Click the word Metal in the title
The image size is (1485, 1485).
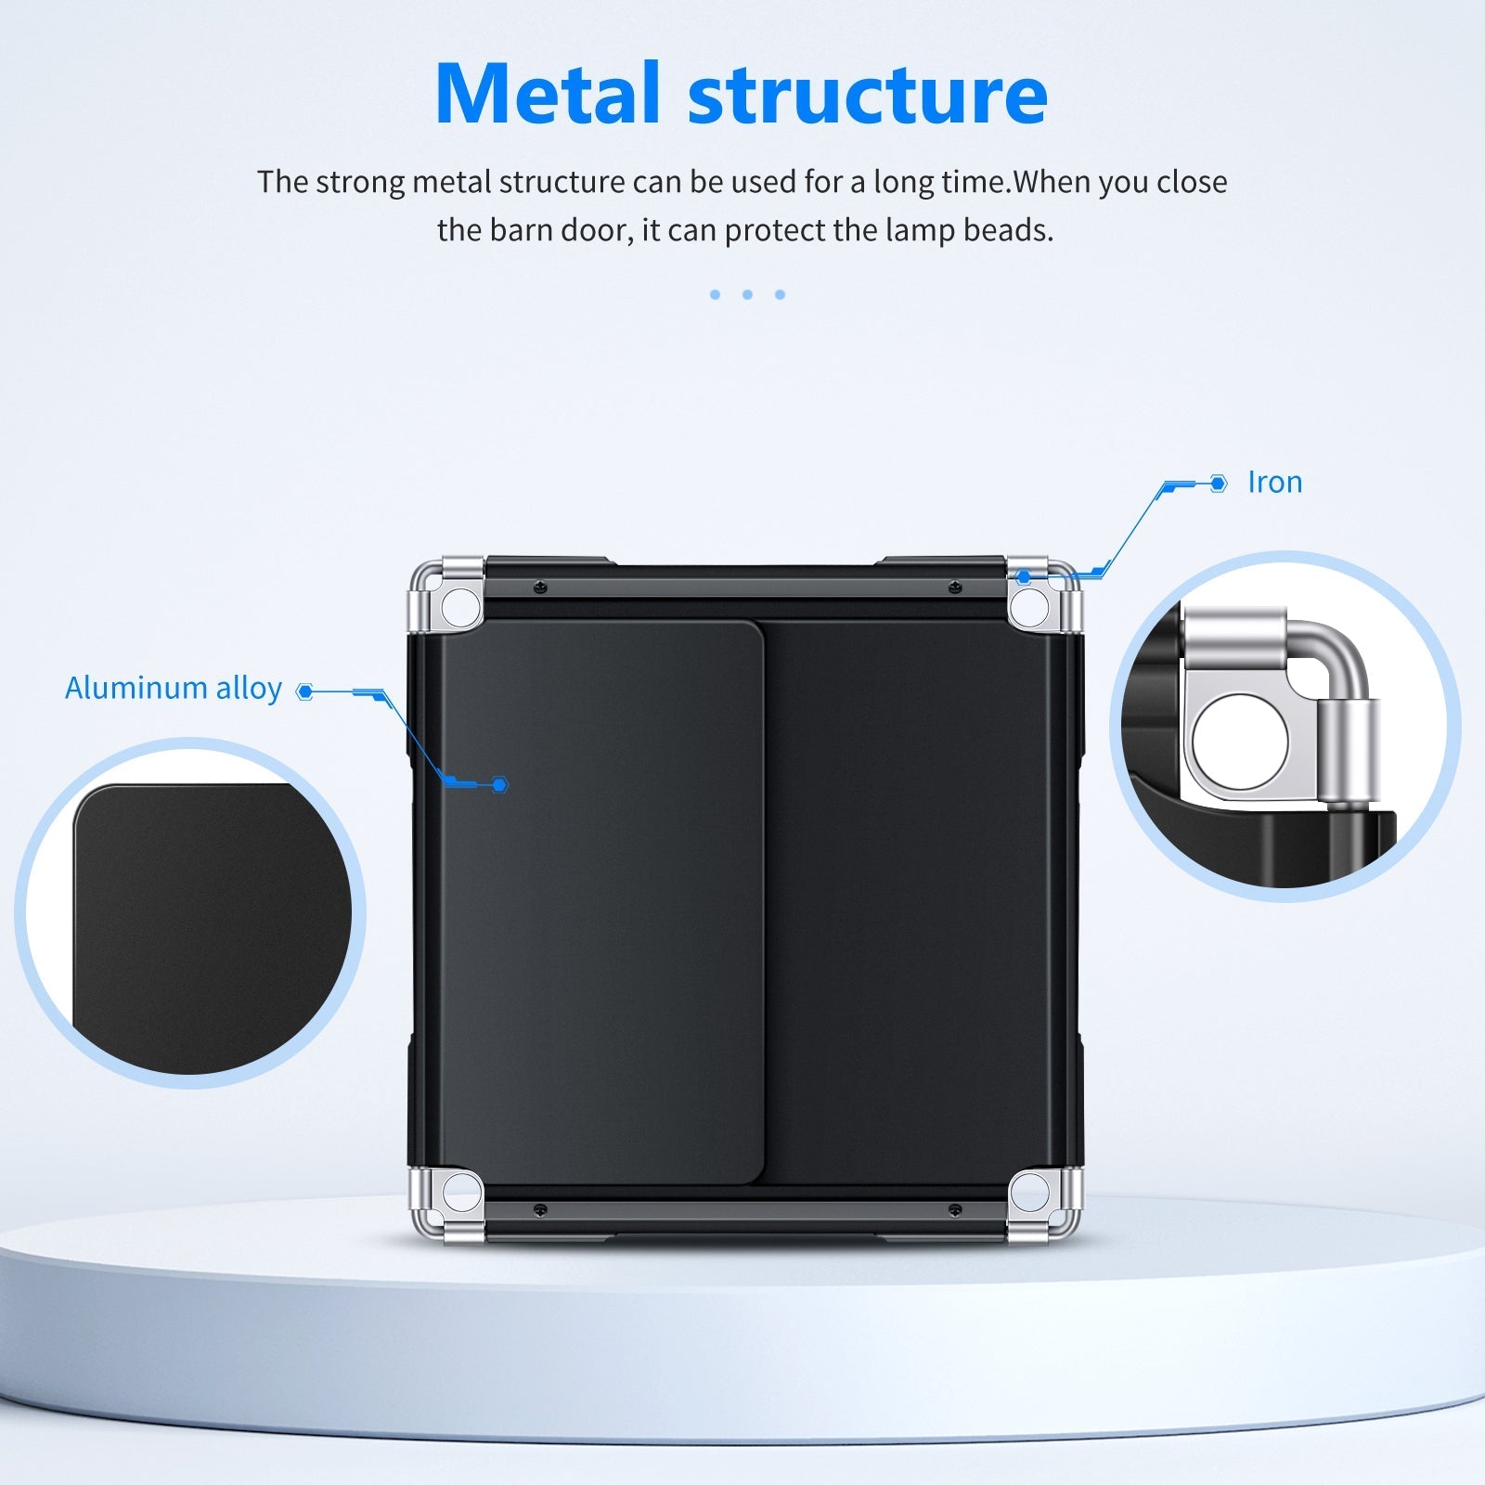548,94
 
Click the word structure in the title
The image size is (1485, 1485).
868,94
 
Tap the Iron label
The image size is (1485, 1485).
1274,483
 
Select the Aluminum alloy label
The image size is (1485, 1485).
174,688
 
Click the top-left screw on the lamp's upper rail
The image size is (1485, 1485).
540,588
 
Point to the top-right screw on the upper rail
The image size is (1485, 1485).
954,588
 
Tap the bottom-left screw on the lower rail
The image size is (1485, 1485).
540,1209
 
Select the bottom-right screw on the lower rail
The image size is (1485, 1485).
954,1209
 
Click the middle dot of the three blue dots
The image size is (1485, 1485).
747,294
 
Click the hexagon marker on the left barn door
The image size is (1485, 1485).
500,785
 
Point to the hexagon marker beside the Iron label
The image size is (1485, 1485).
1219,484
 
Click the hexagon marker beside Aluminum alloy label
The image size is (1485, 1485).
304,691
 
